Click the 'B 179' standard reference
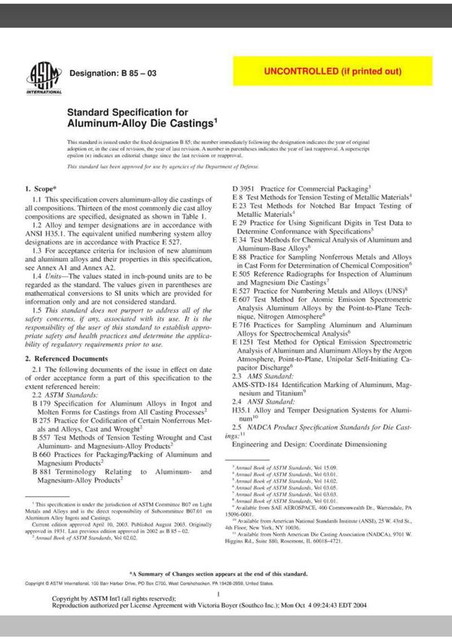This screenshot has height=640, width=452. tap(42, 404)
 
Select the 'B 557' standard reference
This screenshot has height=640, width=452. tap(42, 437)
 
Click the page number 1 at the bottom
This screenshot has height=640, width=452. tap(216, 595)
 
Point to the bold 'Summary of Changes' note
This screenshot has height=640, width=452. tap(218, 574)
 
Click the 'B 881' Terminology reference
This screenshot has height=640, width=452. tap(42, 471)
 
